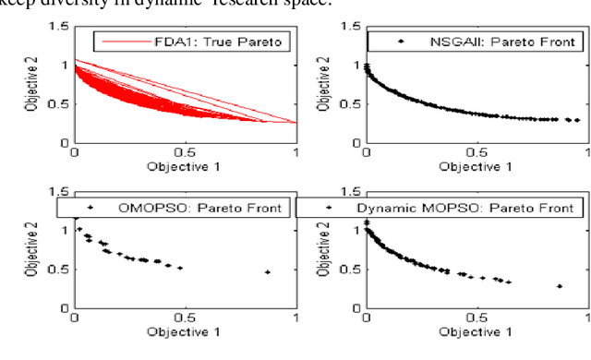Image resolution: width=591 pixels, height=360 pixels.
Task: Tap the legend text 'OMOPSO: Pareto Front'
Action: click(208, 208)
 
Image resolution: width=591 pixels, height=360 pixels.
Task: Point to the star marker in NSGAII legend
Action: click(400, 42)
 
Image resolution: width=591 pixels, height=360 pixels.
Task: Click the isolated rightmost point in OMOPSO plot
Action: click(267, 272)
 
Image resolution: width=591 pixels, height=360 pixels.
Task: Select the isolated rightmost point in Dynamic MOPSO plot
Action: click(560, 286)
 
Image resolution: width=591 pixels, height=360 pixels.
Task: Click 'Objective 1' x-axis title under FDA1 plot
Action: click(185, 166)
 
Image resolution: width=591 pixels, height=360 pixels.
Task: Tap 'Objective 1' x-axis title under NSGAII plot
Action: click(477, 166)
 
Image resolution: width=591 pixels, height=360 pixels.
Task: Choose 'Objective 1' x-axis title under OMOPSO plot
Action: click(185, 331)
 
